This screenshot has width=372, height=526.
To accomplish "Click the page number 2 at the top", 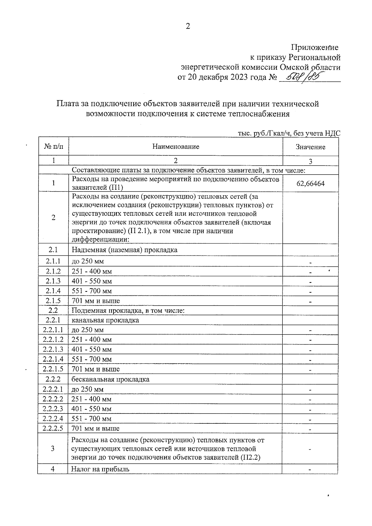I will [188, 26].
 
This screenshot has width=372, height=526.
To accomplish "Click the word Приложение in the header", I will [314, 47].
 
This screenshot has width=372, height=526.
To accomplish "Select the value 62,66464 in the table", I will [310, 183].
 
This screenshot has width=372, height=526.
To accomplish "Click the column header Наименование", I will [175, 146].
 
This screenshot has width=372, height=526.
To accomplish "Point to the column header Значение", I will [310, 147].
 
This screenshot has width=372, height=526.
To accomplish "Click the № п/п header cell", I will [53, 146].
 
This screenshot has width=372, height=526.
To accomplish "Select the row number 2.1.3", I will [53, 281].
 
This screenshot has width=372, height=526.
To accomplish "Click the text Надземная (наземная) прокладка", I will [124, 250].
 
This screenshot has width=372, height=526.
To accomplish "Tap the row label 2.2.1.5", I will [53, 369].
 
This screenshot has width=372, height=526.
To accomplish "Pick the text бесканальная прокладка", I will [110, 379].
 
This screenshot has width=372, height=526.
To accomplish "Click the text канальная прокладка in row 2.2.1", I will [105, 320].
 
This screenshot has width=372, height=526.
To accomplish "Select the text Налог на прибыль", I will [100, 469].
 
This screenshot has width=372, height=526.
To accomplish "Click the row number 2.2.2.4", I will [53, 418].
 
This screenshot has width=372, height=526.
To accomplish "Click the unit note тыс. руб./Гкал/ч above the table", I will [264, 133].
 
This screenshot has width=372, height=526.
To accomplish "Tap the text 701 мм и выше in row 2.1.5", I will [95, 301].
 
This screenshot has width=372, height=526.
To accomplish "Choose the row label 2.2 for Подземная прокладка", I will [53, 310].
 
